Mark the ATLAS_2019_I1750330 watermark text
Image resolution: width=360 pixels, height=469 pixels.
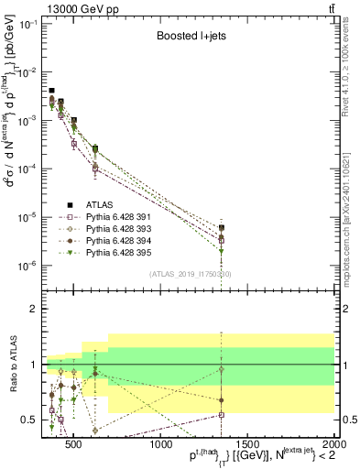point(191,274)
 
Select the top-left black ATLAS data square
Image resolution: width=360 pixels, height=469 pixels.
point(52,91)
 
